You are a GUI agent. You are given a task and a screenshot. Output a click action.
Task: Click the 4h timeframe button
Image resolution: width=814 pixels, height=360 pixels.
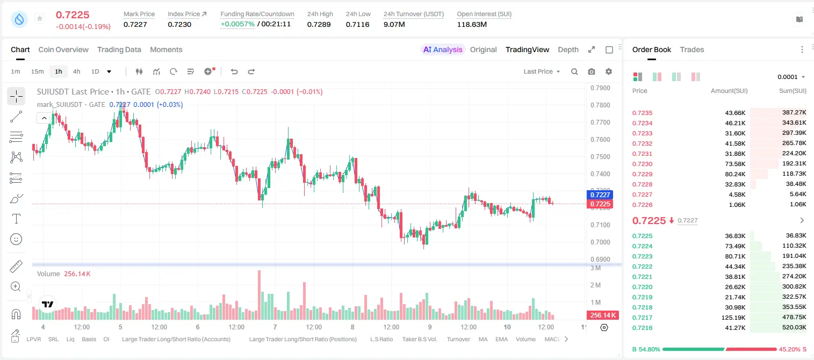pos(76,71)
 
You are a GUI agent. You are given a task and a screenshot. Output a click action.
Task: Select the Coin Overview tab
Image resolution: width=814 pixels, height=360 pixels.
pos(63,49)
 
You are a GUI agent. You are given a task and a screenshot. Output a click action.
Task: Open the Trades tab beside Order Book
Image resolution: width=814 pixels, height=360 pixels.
pos(692,49)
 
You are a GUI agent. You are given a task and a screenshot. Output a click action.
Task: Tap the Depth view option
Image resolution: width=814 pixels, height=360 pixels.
pos(568,49)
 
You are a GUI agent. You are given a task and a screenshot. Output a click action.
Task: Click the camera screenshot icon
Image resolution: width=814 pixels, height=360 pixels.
pos(592,71)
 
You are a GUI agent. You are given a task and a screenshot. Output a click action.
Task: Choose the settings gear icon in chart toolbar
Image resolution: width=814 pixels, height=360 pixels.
pos(609,71)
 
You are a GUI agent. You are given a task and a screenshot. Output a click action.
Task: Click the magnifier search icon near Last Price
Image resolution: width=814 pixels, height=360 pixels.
pos(574,71)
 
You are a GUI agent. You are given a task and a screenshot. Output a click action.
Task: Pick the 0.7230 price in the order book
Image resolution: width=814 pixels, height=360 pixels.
pos(642,164)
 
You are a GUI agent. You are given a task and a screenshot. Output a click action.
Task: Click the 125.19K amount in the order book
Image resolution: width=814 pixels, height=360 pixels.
pos(733,318)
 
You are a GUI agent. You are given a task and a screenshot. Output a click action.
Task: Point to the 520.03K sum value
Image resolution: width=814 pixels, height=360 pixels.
pos(794,327)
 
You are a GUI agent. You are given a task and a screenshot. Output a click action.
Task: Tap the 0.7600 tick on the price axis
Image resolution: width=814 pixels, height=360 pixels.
pos(600,140)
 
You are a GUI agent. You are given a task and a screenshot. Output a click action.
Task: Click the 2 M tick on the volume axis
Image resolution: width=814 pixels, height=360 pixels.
pos(595,285)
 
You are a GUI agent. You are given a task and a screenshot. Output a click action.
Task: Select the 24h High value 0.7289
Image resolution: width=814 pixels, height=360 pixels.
pos(319,24)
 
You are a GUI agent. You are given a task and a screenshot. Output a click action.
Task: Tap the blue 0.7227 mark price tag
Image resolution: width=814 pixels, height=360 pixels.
pos(600,195)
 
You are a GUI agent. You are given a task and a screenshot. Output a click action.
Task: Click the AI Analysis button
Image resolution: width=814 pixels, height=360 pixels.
pos(443,49)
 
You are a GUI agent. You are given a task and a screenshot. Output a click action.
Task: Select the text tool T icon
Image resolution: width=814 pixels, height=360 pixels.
pos(16,219)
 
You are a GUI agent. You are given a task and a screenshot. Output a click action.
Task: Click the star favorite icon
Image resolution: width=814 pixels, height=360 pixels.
pos(40,18)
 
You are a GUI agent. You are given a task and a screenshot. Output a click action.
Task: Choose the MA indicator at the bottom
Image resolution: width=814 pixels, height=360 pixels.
pos(483,339)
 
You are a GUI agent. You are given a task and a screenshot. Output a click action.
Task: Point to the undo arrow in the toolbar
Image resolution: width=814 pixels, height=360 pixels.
pos(234,71)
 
